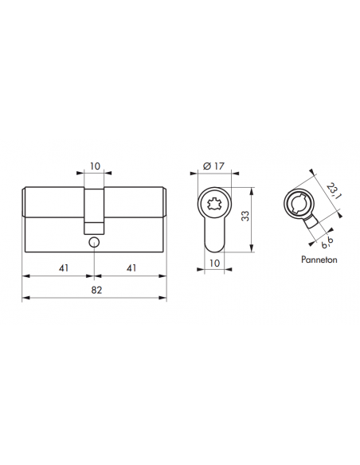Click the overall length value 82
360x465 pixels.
point(94,291)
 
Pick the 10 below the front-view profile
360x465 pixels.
point(213,262)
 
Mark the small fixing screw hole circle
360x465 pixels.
point(95,240)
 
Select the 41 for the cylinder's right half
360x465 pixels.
point(131,268)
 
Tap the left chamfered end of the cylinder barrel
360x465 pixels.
point(23,203)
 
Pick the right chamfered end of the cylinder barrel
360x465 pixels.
point(165,203)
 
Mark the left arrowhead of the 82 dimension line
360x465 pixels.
point(25,299)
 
